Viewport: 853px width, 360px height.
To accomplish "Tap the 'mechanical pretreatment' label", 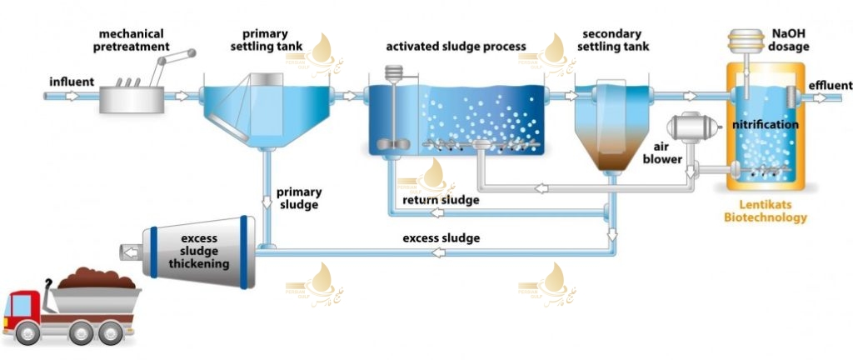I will tap(134, 40).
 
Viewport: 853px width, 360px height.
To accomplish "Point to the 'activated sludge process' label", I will tap(456, 45).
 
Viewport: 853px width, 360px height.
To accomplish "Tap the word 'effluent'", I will tap(830, 86).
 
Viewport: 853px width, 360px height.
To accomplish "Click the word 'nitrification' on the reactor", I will tap(766, 125).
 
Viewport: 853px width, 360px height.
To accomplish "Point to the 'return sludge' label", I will tap(441, 200).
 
